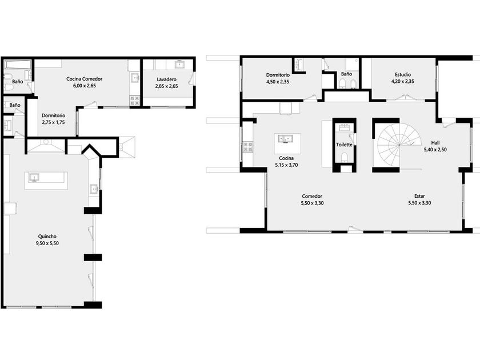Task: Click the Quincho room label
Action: coord(47,237)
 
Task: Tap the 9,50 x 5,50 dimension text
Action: coord(47,243)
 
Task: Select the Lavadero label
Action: coord(166,79)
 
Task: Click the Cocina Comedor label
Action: coord(84,79)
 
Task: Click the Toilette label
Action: coord(344,145)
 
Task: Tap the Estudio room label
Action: coord(402,74)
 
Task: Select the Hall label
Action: coord(435,143)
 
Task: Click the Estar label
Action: coord(419,196)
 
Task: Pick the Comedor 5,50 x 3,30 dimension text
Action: coord(312,203)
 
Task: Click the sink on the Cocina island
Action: coord(285,139)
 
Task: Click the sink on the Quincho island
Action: coord(34,177)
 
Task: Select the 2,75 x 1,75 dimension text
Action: coord(53,122)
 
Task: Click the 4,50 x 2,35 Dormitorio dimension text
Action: coord(278,82)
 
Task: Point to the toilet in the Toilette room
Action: coord(345,157)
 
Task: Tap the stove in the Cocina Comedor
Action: coord(135,100)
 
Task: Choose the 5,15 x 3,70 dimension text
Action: coord(286,165)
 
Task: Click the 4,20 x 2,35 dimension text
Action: coord(402,81)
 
